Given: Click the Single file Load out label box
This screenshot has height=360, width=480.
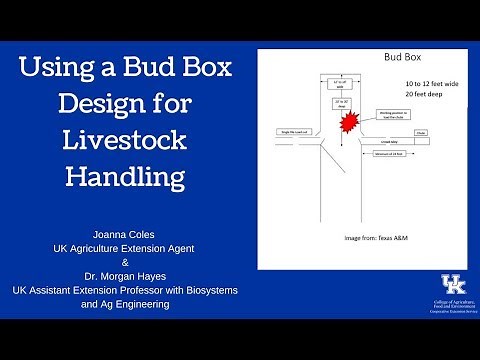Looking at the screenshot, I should click(296, 132).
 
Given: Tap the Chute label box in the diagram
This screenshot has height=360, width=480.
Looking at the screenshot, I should click(421, 132).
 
